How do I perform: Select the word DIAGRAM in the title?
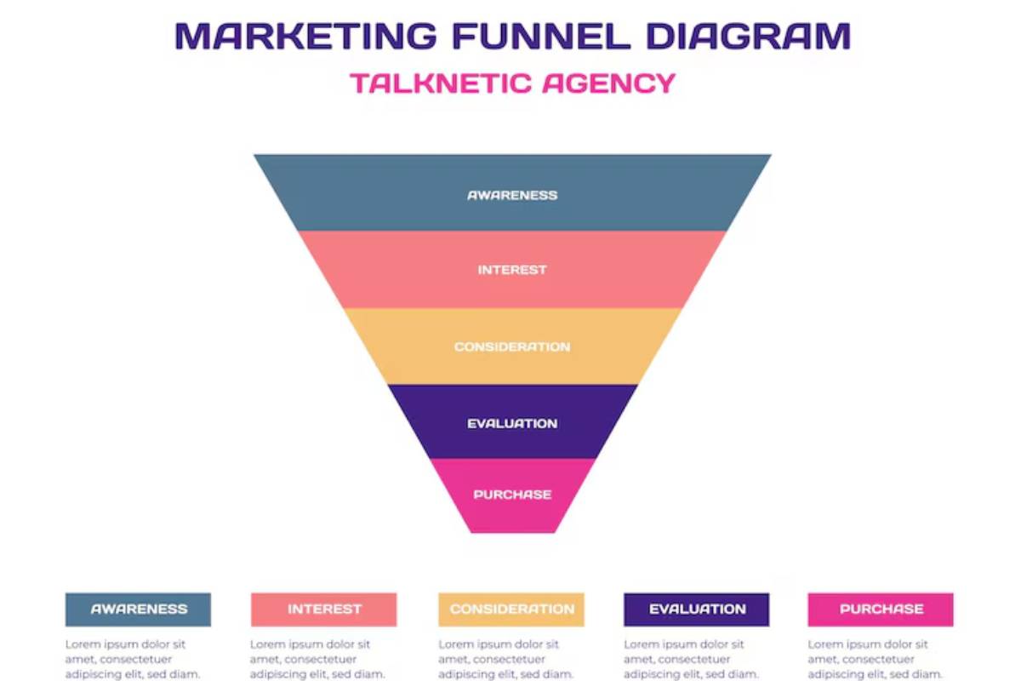(748, 36)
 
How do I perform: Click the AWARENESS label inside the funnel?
(512, 195)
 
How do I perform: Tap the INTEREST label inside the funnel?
(512, 270)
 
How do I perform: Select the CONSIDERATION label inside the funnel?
(512, 347)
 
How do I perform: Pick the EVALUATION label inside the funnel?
(512, 424)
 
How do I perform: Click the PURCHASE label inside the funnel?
(512, 495)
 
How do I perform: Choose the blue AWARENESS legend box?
(138, 609)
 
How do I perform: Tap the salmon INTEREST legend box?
(324, 609)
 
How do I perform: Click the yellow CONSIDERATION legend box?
(511, 609)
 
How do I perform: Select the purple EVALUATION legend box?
(697, 609)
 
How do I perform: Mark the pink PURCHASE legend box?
(881, 609)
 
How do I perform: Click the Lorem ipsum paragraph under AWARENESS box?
(133, 660)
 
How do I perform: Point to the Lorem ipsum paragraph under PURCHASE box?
(875, 660)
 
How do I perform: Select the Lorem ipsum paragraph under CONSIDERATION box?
(505, 660)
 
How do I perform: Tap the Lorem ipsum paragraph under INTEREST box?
(317, 660)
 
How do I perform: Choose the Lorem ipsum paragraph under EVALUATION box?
(691, 660)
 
